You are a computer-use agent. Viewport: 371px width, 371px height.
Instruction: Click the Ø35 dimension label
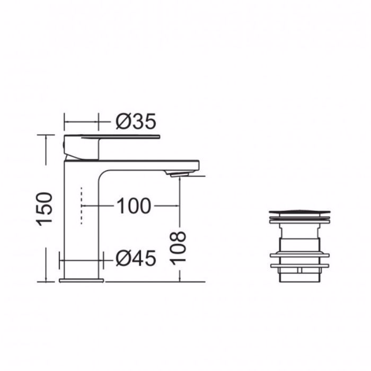tap(136, 121)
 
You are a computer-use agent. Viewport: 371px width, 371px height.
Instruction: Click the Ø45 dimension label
tap(136, 259)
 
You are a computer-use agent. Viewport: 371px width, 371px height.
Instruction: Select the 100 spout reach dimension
tap(134, 206)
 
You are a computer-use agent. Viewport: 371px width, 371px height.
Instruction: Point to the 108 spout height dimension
tap(178, 248)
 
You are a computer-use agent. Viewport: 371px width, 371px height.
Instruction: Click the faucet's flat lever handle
tap(121, 137)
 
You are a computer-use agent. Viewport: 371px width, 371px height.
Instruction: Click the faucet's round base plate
tap(82, 280)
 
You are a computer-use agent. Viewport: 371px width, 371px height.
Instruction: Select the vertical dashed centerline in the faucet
tap(82, 206)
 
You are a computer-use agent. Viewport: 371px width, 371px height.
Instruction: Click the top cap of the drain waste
tap(299, 211)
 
